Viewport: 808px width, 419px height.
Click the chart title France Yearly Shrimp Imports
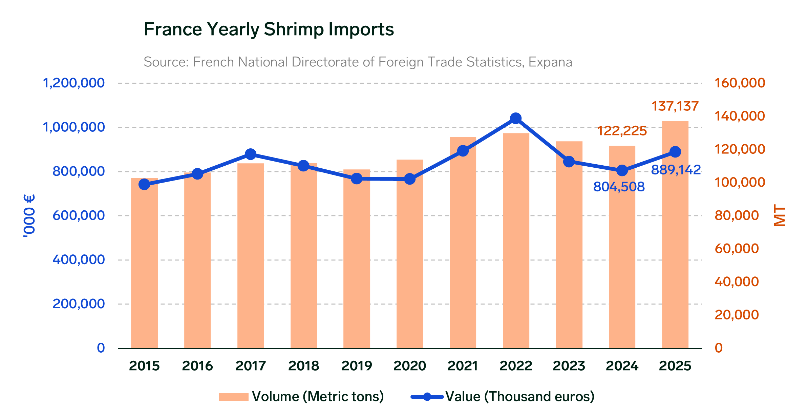click(269, 29)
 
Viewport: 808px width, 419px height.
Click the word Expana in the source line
click(550, 62)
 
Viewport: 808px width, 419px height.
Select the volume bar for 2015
click(144, 264)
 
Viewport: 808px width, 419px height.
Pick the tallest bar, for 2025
click(675, 237)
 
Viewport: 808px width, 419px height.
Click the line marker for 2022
click(516, 119)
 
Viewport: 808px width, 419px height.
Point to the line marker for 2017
click(251, 154)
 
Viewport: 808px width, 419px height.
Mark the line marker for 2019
click(357, 179)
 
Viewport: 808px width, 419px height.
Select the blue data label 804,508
click(619, 187)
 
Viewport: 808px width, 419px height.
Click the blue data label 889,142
click(676, 170)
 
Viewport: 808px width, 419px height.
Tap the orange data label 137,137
click(675, 106)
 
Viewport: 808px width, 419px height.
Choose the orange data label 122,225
click(622, 131)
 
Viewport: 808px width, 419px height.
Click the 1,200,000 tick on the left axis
click(73, 83)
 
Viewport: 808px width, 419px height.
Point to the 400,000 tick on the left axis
click(79, 260)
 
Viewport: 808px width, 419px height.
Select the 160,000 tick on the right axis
click(740, 83)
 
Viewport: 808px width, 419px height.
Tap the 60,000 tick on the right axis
click(737, 249)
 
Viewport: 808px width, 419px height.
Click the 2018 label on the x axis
click(303, 366)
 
